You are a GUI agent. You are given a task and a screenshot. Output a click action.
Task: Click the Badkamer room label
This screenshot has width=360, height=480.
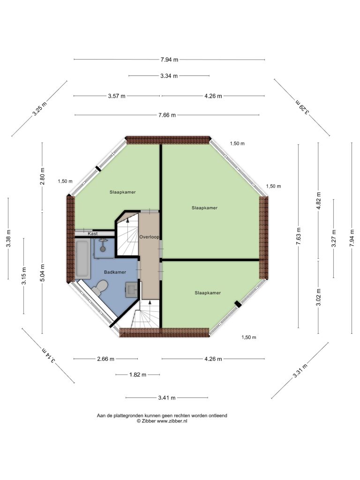115,272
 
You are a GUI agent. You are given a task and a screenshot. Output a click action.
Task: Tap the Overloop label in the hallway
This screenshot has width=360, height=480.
149,237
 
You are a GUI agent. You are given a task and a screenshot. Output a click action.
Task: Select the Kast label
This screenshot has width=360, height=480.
93,233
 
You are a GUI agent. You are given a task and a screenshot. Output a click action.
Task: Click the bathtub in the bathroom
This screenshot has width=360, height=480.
82,260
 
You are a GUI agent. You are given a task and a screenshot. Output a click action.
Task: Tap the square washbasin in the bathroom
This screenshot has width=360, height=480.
132,289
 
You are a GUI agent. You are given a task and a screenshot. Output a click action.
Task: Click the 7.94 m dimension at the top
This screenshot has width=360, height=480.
169,60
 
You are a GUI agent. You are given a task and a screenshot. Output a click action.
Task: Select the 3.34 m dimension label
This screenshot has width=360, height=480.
169,75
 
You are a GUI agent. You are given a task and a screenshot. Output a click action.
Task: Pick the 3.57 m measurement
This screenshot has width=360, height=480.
117,96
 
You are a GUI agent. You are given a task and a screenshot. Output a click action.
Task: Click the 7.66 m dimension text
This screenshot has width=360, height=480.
167,115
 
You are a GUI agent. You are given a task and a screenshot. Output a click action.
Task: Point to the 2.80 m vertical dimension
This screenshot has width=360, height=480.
43,176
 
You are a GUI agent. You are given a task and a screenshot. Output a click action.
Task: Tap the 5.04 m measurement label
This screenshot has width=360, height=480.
43,273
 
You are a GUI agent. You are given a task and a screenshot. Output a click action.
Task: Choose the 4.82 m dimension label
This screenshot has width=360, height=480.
318,201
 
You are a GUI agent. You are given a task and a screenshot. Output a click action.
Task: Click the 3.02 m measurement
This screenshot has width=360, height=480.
318,297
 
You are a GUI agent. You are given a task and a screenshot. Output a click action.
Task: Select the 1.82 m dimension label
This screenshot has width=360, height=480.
138,375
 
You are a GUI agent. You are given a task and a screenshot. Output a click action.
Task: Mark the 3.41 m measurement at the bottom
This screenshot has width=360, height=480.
167,397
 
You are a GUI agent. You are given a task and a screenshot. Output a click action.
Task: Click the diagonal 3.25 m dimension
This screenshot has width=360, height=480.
40,108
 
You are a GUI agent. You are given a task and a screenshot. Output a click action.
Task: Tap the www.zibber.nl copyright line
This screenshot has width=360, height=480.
162,421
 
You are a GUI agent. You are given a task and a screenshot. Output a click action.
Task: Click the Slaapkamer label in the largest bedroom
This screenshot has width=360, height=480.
204,208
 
